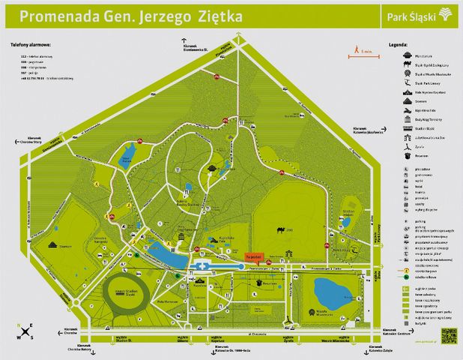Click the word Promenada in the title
57,16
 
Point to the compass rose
28,330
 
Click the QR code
448,334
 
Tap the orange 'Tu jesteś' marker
252,256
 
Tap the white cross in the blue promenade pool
201,265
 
